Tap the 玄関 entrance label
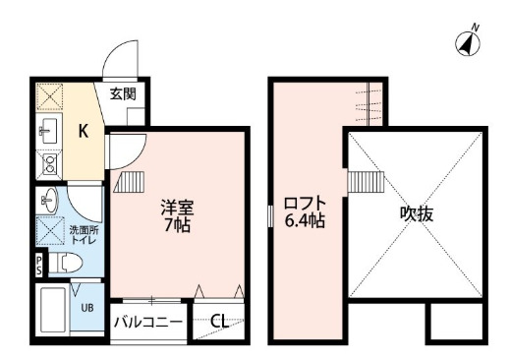(x=122, y=94)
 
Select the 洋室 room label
(x=177, y=209)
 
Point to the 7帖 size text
(x=177, y=225)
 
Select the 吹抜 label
(x=416, y=213)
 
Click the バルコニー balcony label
(x=148, y=321)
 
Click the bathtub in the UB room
(x=51, y=310)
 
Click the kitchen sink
(x=49, y=130)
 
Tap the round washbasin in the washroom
(x=50, y=202)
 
